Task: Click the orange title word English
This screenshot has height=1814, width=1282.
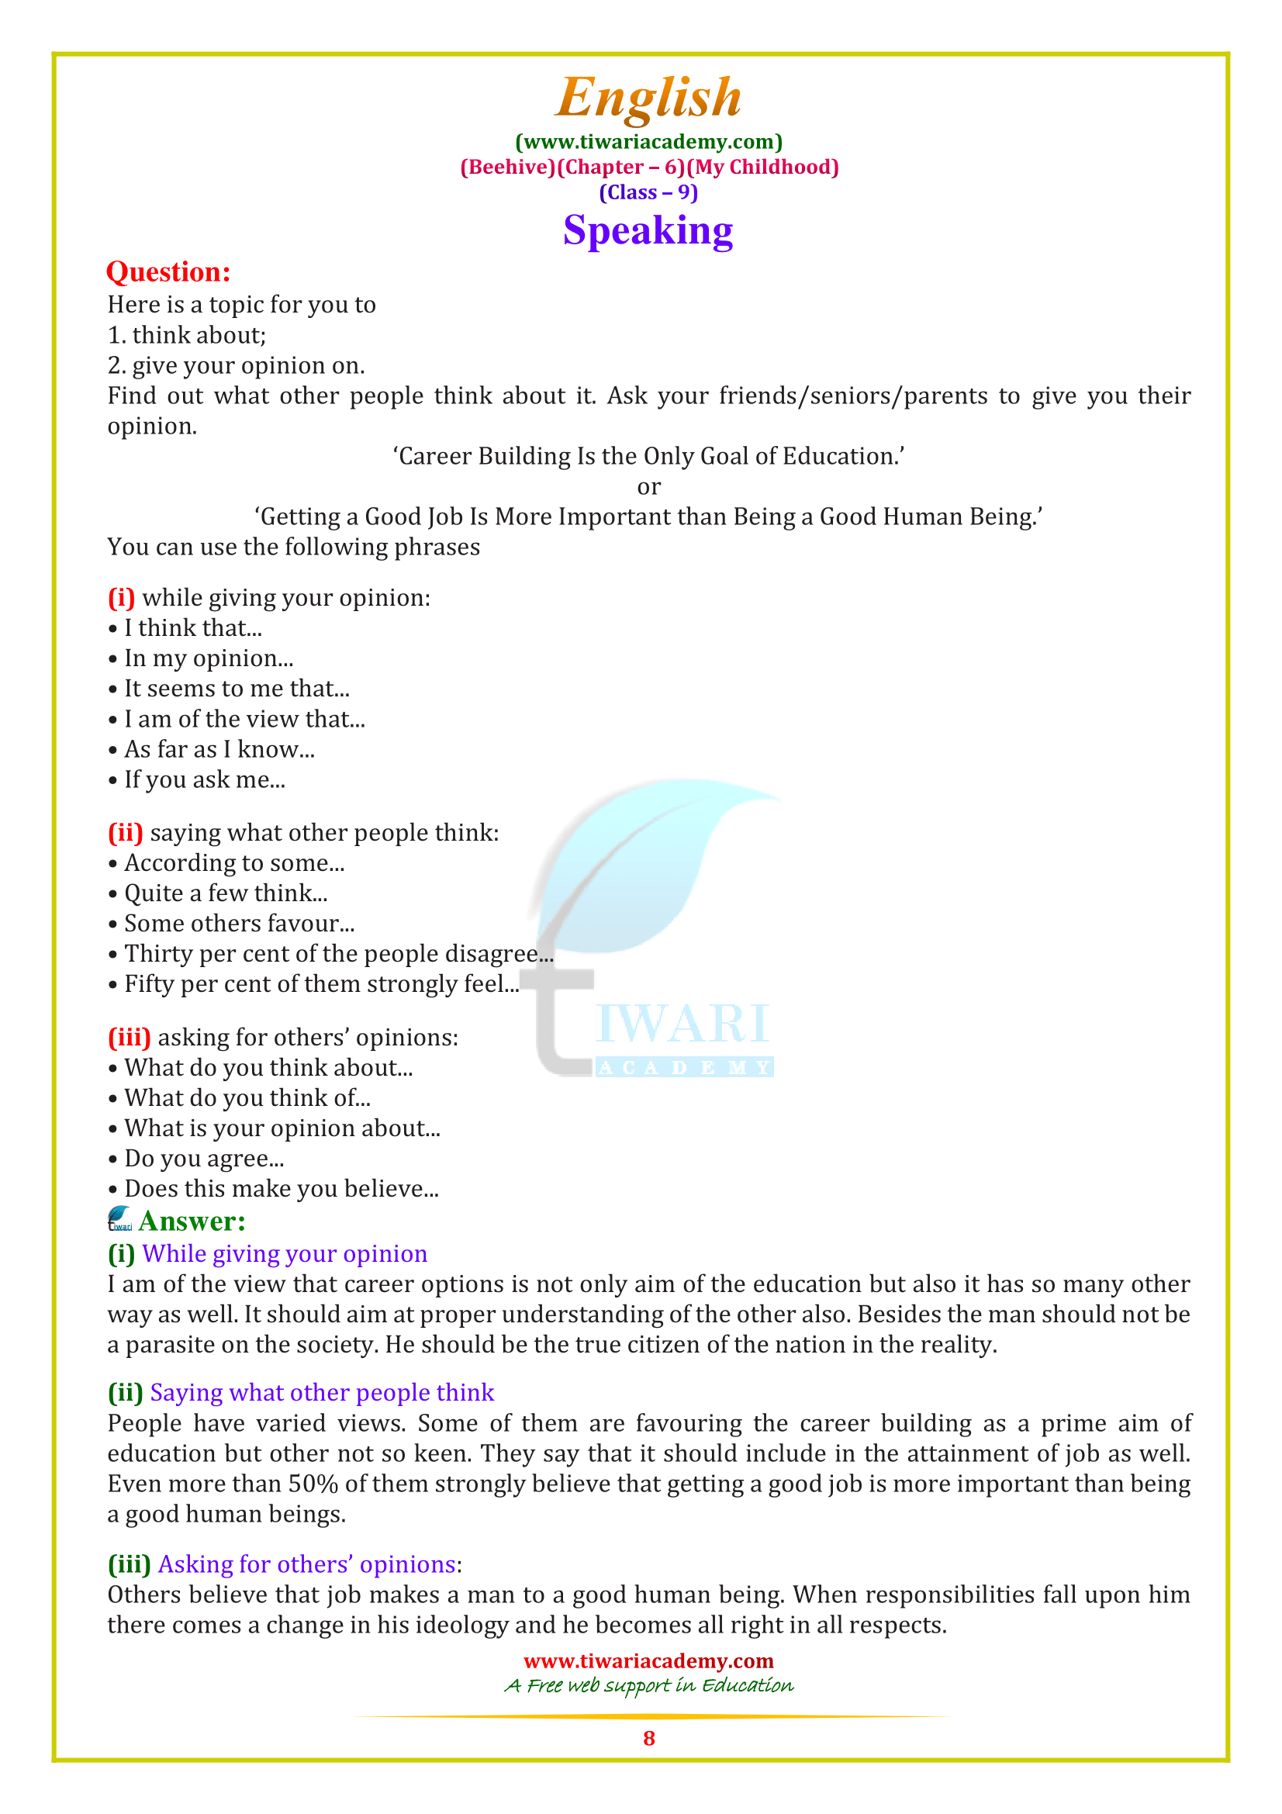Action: coord(648,98)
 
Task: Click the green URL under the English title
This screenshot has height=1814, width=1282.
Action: coord(648,142)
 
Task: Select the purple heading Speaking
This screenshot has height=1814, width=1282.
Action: coord(648,230)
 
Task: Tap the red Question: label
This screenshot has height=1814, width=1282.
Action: coord(168,271)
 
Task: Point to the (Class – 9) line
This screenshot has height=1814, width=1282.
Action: coord(648,193)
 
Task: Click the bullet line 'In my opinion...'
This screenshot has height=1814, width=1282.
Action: coord(209,658)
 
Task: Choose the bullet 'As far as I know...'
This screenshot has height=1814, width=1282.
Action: coord(219,749)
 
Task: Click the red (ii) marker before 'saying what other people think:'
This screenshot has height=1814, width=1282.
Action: coord(125,833)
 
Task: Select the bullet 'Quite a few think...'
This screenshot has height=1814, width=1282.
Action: coord(225,893)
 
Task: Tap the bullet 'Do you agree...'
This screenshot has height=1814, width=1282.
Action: coord(204,1158)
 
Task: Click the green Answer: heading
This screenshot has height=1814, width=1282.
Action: coord(192,1221)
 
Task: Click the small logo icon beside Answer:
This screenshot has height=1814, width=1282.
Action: coord(120,1219)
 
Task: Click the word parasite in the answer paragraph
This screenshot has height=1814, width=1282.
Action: coord(170,1345)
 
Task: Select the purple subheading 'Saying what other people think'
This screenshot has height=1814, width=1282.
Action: coord(322,1392)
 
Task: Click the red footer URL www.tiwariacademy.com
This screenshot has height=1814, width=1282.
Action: coord(648,1660)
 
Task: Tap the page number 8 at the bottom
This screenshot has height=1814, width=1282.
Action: coord(648,1738)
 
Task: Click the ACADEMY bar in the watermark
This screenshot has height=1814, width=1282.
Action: coord(684,1067)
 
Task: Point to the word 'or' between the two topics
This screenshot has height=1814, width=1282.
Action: coord(648,487)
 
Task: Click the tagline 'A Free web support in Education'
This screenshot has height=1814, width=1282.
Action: coord(648,1685)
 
